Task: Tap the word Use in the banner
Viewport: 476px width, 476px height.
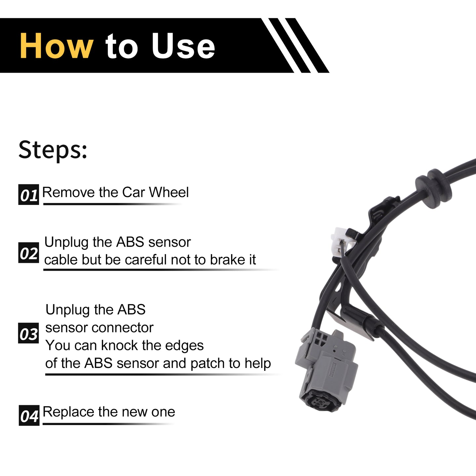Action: coord(183,46)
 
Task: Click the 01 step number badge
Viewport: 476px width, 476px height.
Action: coord(29,194)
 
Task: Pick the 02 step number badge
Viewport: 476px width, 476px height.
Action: coord(29,253)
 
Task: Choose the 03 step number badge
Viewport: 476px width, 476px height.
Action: coord(28,333)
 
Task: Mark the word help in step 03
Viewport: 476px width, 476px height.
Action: coord(258,364)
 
